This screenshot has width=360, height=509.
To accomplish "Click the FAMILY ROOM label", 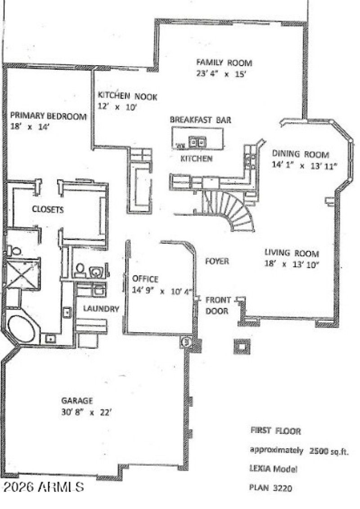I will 224,63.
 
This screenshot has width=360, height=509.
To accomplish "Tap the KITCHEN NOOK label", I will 127,96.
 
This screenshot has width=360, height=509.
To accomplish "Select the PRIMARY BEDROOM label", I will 48,116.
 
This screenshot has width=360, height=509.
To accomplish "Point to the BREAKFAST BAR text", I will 200,120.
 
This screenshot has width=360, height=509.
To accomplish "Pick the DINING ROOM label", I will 300,154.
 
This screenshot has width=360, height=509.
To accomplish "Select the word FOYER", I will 217,261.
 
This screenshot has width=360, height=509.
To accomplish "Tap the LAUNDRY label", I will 101,309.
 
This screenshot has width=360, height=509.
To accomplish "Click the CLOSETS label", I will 47,210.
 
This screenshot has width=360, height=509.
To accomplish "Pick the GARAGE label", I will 77,401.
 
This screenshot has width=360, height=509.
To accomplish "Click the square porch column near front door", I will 242,346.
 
